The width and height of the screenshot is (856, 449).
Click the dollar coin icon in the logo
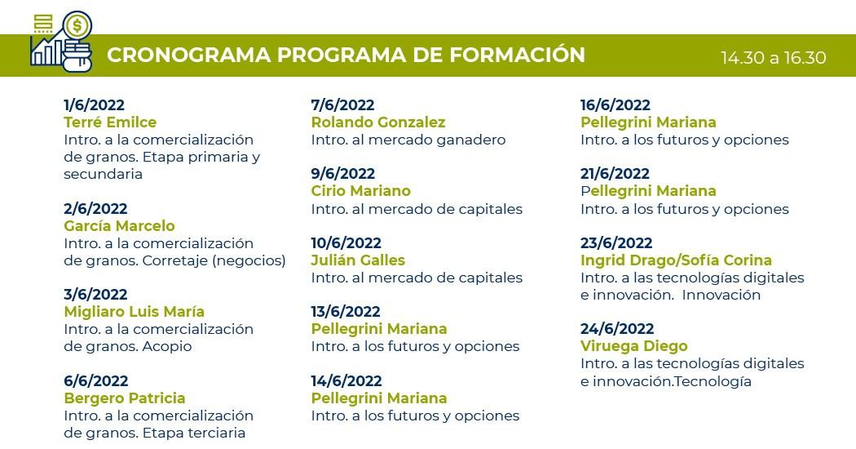point(77,25)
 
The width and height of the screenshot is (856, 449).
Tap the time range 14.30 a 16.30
point(773,58)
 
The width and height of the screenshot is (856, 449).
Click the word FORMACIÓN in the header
point(517,55)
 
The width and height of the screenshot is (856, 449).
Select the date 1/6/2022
point(94,105)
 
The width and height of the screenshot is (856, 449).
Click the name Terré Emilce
point(110,122)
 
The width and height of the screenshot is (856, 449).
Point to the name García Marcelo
point(120,226)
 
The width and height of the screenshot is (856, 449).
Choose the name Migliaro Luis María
point(135,312)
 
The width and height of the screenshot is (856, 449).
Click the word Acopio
point(167,346)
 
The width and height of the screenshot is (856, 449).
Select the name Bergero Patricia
point(125,398)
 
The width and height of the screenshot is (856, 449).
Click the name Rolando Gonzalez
point(378,122)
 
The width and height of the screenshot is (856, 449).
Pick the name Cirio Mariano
point(361,191)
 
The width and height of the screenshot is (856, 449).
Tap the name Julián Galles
point(358,260)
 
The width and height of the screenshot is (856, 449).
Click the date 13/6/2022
point(346,312)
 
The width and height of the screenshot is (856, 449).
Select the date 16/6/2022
point(616,105)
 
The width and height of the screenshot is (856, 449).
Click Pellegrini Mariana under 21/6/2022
point(649,191)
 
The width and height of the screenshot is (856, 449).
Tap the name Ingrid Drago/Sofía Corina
point(676,260)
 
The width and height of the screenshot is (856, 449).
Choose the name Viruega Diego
point(633,346)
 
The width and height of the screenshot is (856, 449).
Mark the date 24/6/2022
point(617,329)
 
